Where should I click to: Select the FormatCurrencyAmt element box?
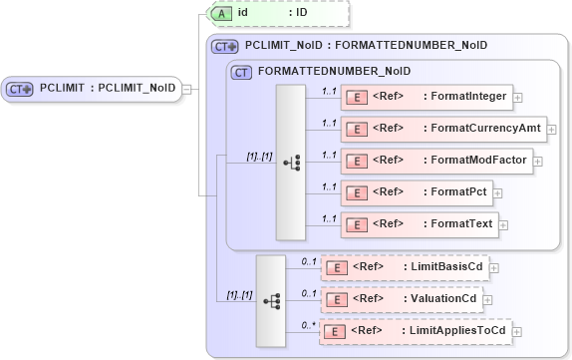(443, 128)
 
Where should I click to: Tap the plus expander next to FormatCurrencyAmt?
(552, 129)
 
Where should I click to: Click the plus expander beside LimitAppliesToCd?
(517, 332)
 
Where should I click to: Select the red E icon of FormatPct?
(355, 191)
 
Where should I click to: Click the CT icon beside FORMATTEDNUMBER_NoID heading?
(240, 72)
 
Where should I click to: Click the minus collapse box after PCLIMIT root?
(187, 89)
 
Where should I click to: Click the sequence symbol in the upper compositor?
(291, 162)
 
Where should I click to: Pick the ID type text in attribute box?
(301, 13)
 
